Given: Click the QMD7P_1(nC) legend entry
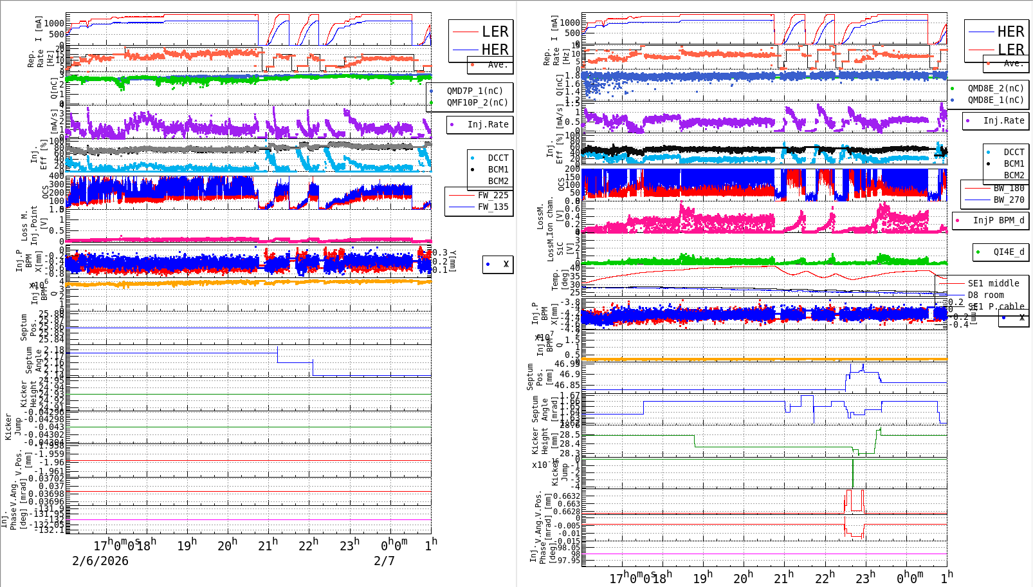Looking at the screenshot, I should pyautogui.click(x=475, y=91).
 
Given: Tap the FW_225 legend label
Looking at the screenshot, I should pyautogui.click(x=493, y=195).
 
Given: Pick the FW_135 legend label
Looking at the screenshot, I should pyautogui.click(x=493, y=207).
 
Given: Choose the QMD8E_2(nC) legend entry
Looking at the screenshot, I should pyautogui.click(x=995, y=88).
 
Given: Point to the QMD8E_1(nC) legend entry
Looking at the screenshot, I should pyautogui.click(x=995, y=100).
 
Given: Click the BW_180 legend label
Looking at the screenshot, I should pyautogui.click(x=1009, y=188).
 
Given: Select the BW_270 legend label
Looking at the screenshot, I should pyautogui.click(x=1009, y=200).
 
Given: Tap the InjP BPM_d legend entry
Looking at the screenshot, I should pyautogui.click(x=998, y=220).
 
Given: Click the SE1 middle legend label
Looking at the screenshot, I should pyautogui.click(x=993, y=283).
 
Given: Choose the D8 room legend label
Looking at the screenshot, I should pyautogui.click(x=985, y=295).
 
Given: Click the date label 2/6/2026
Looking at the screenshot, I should pyautogui.click(x=100, y=561).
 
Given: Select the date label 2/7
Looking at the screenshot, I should pyautogui.click(x=384, y=561).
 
